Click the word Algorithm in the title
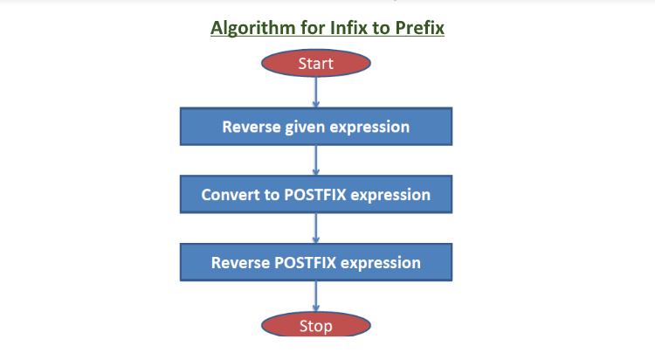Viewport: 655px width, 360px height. tap(252, 29)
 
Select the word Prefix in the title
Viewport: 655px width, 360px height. tap(419, 28)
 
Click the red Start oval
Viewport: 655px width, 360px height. tap(316, 63)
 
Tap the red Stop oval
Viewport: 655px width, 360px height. tap(316, 325)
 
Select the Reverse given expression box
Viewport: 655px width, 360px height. tap(316, 127)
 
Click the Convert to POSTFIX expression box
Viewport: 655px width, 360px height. tap(316, 195)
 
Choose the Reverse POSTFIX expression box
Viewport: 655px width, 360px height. tap(316, 262)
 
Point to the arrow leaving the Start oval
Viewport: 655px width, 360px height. tap(316, 92)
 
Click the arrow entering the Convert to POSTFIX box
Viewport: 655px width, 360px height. tap(316, 161)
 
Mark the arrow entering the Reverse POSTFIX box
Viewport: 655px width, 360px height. tap(316, 228)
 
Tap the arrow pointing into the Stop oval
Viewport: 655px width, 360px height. tap(316, 296)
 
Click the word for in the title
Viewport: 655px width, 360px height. tap(313, 28)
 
